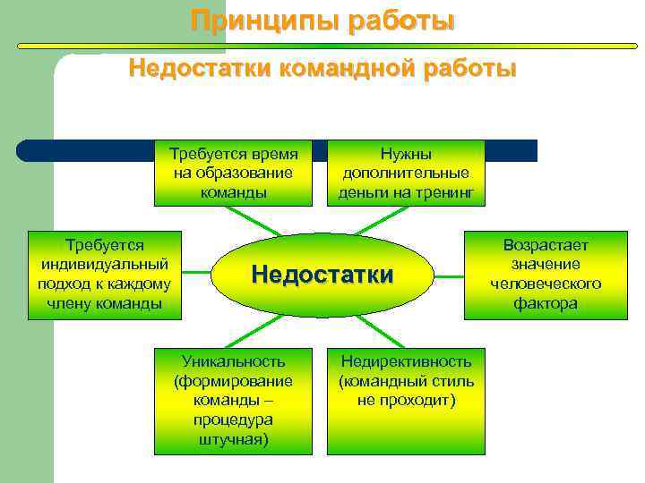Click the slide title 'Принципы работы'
[322, 21]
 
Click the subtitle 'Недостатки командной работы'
[322, 68]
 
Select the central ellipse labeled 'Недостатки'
[322, 275]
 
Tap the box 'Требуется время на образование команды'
[236, 173]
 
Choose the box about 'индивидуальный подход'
[106, 275]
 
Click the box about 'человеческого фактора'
[546, 275]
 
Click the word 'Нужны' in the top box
[407, 154]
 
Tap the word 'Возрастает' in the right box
[546, 245]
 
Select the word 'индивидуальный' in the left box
[106, 265]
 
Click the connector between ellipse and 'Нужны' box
[394, 220]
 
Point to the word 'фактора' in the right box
[546, 303]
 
